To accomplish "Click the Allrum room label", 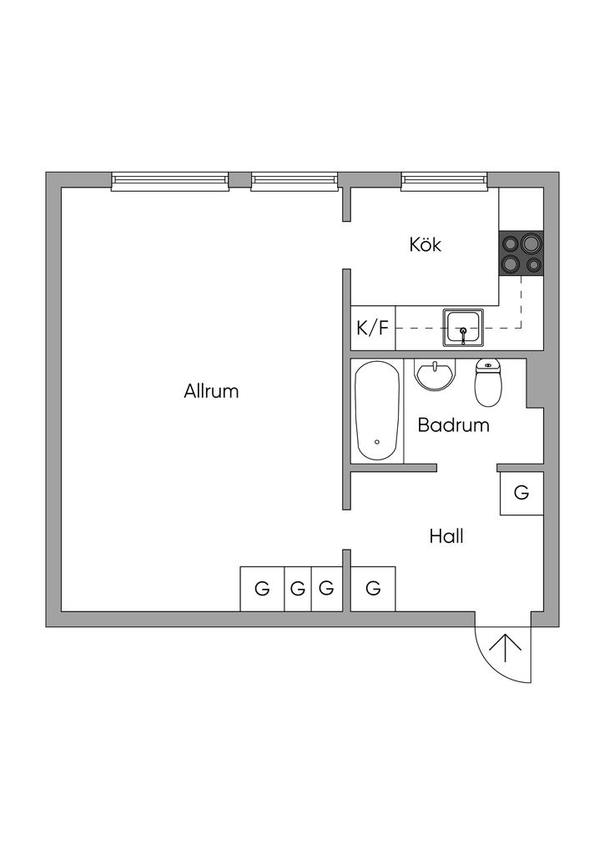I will [x=211, y=390].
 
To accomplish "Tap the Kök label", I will [x=425, y=245].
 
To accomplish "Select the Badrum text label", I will [x=453, y=424].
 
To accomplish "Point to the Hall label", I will [x=446, y=536].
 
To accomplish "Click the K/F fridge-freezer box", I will [x=373, y=327].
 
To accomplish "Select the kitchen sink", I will [x=463, y=326].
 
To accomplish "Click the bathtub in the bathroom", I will [x=377, y=409].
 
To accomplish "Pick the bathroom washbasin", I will [x=436, y=374].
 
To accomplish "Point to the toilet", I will [x=487, y=381].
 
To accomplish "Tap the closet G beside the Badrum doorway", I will [x=521, y=493].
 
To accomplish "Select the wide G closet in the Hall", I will [x=373, y=589].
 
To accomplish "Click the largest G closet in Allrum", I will [x=262, y=589].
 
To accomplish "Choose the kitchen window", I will [x=443, y=181].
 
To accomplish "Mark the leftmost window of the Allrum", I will [x=170, y=181].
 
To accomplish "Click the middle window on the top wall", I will [x=294, y=181].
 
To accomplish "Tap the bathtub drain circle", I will [x=377, y=442].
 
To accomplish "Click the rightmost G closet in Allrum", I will [x=326, y=589].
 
